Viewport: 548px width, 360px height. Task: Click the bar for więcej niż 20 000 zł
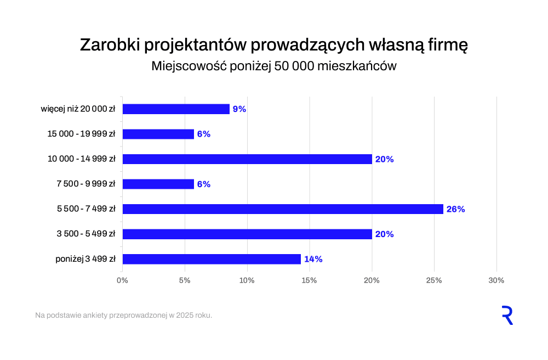point(176,109)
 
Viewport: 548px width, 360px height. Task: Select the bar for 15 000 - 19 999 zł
point(158,134)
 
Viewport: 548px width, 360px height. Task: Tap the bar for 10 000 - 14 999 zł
point(247,159)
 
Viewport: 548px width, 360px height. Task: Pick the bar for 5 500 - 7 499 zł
point(283,209)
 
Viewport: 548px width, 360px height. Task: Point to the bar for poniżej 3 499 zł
point(212,259)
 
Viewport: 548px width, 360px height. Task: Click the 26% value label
point(455,209)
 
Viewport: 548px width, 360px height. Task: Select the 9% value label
point(239,109)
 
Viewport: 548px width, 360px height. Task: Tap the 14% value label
point(313,259)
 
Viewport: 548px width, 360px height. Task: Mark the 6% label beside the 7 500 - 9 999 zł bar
point(204,184)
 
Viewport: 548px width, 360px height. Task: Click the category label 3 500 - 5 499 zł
point(86,234)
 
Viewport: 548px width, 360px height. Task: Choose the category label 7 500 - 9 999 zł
point(86,184)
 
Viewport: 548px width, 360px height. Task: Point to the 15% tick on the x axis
point(310,280)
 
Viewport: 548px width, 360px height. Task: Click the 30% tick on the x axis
point(496,280)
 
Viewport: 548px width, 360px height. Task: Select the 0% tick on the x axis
point(123,280)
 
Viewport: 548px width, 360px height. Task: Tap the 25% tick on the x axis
point(434,280)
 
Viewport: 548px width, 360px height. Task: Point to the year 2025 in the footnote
point(184,316)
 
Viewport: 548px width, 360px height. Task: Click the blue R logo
point(507,316)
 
